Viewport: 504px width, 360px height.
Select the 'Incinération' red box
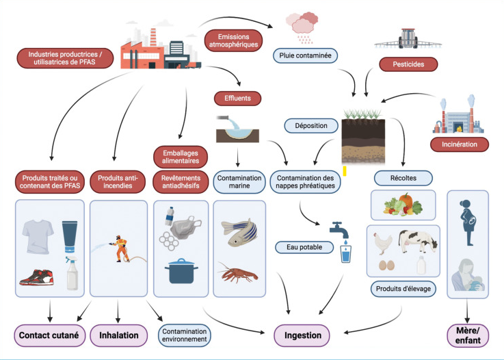point(459,144)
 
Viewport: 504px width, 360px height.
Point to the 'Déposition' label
point(311,125)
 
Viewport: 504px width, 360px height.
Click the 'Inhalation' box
point(118,336)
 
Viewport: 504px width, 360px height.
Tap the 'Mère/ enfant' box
point(468,336)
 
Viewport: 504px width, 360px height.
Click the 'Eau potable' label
point(300,246)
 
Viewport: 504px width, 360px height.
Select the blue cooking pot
point(180,271)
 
